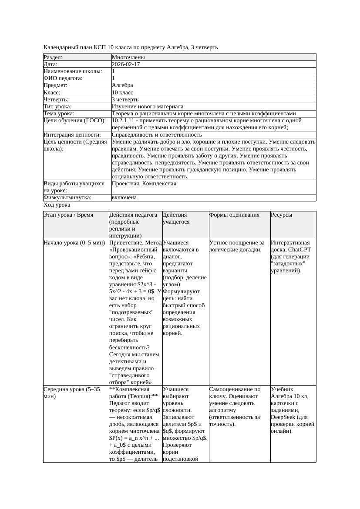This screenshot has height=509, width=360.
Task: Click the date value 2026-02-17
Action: pos(126,64)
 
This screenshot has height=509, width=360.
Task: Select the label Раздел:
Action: pos(53,57)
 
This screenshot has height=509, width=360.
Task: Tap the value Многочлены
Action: pos(128,57)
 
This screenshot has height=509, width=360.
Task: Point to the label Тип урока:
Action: pos(57,107)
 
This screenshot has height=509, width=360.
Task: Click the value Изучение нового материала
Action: pos(148,107)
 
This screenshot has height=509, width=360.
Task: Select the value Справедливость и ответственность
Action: pos(151,135)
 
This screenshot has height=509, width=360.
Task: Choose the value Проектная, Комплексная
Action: pos(144,184)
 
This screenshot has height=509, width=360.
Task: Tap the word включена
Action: pos(124,198)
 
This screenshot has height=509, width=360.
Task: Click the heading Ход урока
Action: pos(57,205)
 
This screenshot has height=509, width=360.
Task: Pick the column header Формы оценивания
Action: pos(234,215)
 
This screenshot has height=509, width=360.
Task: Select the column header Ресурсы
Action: pos(282,215)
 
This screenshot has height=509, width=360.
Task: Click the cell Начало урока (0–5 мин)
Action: pos(72,243)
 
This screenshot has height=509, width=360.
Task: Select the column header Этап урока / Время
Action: pos(68,215)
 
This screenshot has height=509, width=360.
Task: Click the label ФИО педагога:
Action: pos(63,78)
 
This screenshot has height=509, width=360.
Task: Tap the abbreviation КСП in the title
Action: pos(101,47)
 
